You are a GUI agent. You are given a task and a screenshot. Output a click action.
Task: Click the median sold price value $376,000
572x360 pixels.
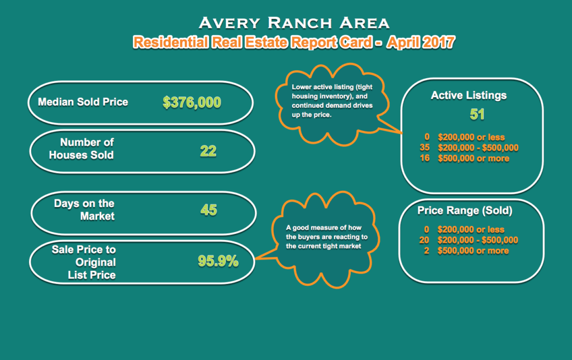point(192,102)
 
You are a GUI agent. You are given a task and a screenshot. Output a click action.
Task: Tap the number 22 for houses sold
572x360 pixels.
point(208,151)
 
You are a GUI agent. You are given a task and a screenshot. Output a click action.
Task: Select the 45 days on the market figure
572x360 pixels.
point(209,210)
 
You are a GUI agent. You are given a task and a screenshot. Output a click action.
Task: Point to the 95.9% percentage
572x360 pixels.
point(218,261)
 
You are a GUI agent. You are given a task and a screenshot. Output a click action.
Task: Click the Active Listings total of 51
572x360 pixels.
point(477,114)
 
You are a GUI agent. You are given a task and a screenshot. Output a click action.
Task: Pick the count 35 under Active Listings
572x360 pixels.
point(425,147)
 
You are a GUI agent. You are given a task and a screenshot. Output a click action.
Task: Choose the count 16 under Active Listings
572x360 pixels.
point(425,158)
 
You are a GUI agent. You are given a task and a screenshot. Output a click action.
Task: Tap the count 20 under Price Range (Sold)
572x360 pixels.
point(424,240)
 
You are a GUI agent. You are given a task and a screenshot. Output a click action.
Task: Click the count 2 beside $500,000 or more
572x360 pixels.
point(426,251)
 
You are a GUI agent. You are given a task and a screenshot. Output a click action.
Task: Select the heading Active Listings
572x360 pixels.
point(469,95)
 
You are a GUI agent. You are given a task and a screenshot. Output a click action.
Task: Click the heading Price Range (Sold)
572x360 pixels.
point(465,210)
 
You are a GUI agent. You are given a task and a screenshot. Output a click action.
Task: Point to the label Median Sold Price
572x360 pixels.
point(83,102)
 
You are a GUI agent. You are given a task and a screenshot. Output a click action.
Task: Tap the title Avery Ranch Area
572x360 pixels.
point(294,23)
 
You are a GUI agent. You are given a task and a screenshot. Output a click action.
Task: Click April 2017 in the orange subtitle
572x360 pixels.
point(421,42)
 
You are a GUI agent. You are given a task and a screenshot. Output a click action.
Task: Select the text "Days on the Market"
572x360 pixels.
point(84,210)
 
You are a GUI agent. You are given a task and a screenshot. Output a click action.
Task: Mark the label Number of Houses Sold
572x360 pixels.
point(82,148)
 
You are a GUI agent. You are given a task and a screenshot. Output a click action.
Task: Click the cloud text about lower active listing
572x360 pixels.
point(332,101)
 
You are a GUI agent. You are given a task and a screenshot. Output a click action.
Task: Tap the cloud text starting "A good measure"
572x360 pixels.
point(327,237)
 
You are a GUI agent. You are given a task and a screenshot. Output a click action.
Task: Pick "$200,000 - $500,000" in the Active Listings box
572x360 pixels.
point(478,148)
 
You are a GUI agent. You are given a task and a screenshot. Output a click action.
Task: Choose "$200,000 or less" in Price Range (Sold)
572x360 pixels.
point(471,229)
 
